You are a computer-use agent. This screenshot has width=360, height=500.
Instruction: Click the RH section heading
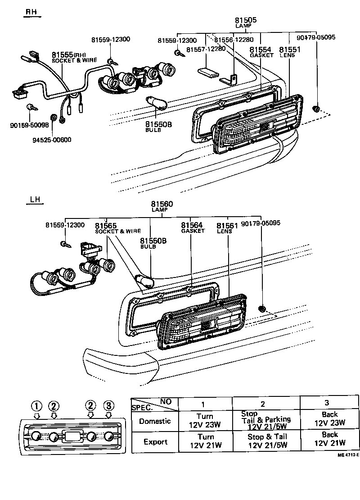tap(31, 12)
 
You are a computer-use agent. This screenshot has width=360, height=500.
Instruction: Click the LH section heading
tap(35, 200)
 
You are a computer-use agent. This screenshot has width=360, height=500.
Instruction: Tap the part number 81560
tap(162, 204)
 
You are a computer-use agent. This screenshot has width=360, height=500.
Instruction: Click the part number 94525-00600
tap(51, 140)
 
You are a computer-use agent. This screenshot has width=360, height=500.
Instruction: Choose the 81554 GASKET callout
tap(261, 51)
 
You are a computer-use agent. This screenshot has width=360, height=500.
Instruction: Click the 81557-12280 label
tap(206, 49)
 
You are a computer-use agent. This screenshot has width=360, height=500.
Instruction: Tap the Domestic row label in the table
tap(155, 421)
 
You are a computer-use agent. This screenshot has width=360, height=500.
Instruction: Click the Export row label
tap(155, 442)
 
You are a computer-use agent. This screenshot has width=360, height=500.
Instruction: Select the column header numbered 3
tap(326, 403)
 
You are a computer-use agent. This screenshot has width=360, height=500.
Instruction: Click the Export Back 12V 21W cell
tap(329, 440)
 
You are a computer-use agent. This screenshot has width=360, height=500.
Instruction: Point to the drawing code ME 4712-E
tap(348, 455)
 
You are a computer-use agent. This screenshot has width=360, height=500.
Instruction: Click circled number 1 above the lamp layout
tap(36, 405)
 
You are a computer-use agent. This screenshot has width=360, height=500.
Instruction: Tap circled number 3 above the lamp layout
tap(108, 405)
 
